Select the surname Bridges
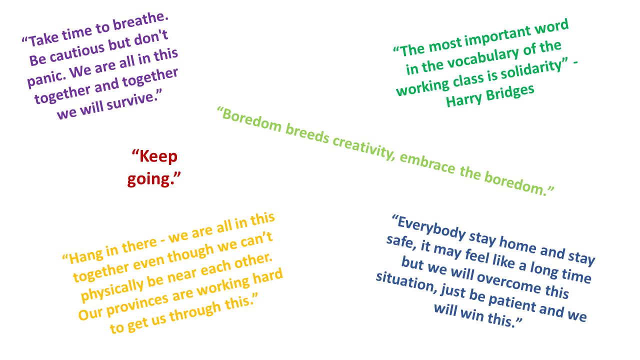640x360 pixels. pyautogui.click(x=510, y=91)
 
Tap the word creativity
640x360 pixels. pyautogui.click(x=363, y=146)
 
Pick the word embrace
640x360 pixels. pyautogui.click(x=427, y=163)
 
